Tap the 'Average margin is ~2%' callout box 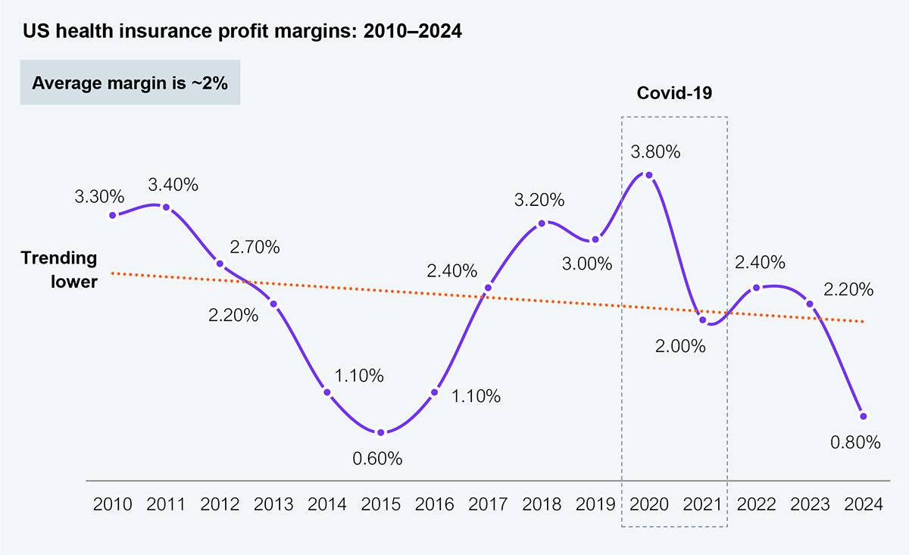click(130, 83)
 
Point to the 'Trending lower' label click(59, 269)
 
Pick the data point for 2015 click(381, 432)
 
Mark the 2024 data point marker click(863, 416)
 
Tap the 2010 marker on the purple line click(113, 215)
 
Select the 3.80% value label click(655, 151)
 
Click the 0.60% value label click(377, 458)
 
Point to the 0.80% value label click(856, 442)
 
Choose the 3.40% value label click(173, 183)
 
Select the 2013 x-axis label click(273, 504)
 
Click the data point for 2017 click(488, 288)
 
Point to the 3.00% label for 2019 click(586, 264)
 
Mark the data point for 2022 click(756, 288)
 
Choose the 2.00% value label click(681, 346)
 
